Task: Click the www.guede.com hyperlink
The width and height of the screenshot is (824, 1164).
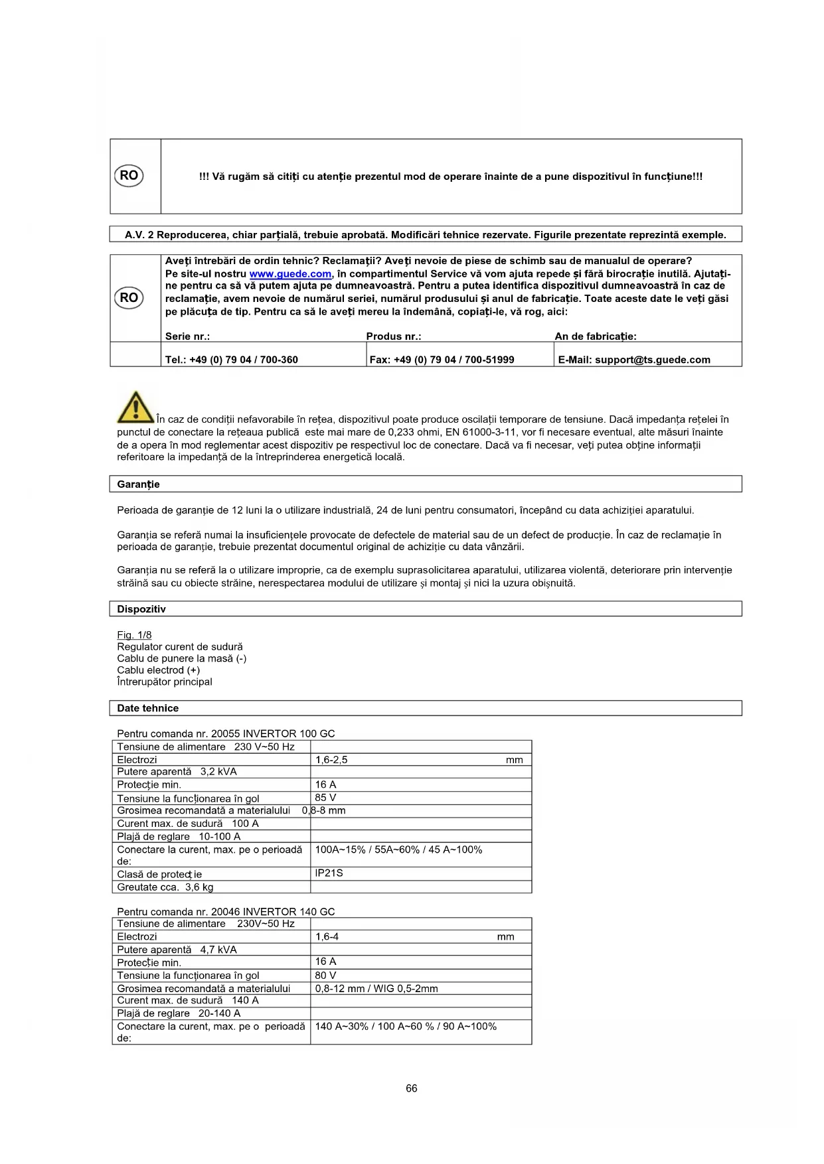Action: coord(290,274)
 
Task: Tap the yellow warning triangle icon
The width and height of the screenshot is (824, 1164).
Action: coord(135,407)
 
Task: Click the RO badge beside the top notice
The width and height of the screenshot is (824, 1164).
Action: coord(129,176)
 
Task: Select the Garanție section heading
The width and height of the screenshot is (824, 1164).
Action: coord(138,484)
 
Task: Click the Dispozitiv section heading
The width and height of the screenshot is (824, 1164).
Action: coord(141,609)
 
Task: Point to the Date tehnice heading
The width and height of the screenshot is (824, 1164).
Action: coord(147,708)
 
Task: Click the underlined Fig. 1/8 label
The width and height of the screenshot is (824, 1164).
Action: coord(134,635)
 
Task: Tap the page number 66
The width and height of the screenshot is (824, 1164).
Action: coord(412,1088)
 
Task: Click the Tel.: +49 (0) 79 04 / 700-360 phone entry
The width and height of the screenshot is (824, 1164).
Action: coord(231,360)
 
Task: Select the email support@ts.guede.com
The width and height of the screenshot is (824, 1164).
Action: coord(634,360)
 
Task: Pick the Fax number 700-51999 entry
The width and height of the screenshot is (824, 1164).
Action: coord(442,360)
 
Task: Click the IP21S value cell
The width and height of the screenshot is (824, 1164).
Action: coord(329,873)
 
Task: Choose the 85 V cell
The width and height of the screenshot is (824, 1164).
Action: coord(325,798)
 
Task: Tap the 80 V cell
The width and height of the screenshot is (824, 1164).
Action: coord(325,976)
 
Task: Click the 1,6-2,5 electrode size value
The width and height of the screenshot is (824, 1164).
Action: coord(331,760)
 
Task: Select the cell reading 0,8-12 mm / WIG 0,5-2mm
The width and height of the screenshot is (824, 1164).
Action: coord(376,989)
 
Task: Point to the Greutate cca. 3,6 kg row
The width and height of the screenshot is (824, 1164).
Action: coord(165,887)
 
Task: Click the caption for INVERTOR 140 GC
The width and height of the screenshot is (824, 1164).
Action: coord(226,912)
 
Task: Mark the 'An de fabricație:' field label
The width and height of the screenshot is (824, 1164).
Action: coord(596,336)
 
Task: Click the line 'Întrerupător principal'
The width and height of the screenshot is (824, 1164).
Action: coord(165,682)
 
